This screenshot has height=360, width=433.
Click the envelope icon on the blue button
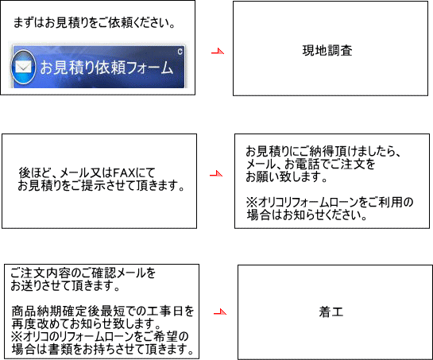(23, 67)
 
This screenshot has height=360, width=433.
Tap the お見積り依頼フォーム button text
(107, 68)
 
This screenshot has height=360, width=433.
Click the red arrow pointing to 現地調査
(218, 51)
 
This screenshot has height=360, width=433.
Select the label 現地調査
(327, 51)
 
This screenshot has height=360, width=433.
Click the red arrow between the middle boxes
(216, 174)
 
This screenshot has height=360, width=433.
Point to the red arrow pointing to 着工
(220, 312)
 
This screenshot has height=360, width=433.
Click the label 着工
(331, 312)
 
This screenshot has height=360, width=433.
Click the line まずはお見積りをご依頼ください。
(95, 23)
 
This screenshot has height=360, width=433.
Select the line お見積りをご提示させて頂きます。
(101, 186)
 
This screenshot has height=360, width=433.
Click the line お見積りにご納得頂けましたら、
(323, 152)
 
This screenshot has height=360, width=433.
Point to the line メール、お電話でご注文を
(311, 165)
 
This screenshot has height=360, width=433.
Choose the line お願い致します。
(287, 177)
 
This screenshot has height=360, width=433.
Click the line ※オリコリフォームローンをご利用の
(330, 202)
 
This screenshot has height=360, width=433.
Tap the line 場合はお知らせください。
(307, 215)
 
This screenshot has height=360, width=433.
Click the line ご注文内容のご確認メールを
(83, 273)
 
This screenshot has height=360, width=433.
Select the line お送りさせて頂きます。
(65, 285)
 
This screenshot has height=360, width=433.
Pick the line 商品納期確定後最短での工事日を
(102, 312)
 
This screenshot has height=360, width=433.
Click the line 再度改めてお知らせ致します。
(87, 323)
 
